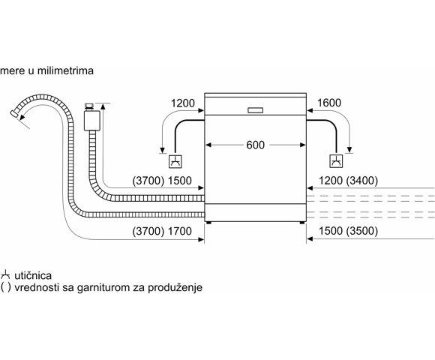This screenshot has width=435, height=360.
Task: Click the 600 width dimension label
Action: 255,145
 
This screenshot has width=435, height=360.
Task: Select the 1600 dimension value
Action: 329,103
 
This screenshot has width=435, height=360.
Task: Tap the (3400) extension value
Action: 362,181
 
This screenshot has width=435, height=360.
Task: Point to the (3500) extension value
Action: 362,231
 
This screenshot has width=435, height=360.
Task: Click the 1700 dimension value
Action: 180,231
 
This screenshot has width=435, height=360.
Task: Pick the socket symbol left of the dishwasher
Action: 175,161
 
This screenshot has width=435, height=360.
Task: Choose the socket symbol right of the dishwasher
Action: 336,161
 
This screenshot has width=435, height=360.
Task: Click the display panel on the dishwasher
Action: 256,110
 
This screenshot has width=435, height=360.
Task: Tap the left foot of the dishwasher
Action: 208,223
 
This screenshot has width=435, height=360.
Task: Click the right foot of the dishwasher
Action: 302,223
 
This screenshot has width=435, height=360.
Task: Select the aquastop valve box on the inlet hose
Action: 91,121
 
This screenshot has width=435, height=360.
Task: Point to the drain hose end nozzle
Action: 13,114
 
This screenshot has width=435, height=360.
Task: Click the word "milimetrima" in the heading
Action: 65,70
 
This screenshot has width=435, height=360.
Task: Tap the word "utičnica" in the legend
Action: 33,276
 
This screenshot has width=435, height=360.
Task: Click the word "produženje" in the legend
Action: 175,287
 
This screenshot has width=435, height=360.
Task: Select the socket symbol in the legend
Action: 5,275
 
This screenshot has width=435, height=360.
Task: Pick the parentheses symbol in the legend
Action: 6,287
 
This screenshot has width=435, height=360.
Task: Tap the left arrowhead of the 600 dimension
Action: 208,145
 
